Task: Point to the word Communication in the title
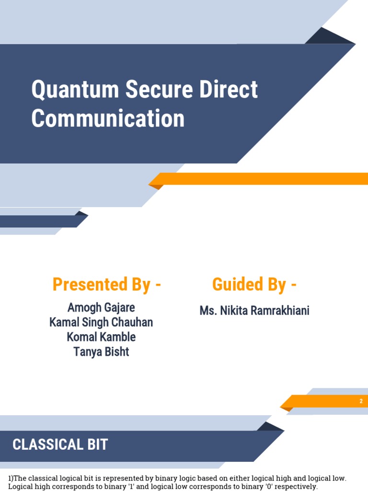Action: pyautogui.click(x=108, y=118)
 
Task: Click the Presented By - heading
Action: pyautogui.click(x=106, y=284)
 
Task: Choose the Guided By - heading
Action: pyautogui.click(x=254, y=284)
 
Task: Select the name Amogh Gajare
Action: pyautogui.click(x=101, y=307)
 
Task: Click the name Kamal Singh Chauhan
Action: pyautogui.click(x=101, y=322)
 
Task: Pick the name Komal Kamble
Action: pyautogui.click(x=101, y=337)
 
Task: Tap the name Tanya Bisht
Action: pyautogui.click(x=101, y=352)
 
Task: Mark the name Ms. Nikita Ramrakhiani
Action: pyautogui.click(x=254, y=311)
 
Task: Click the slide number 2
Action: pyautogui.click(x=361, y=401)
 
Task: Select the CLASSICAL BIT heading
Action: pyautogui.click(x=60, y=444)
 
